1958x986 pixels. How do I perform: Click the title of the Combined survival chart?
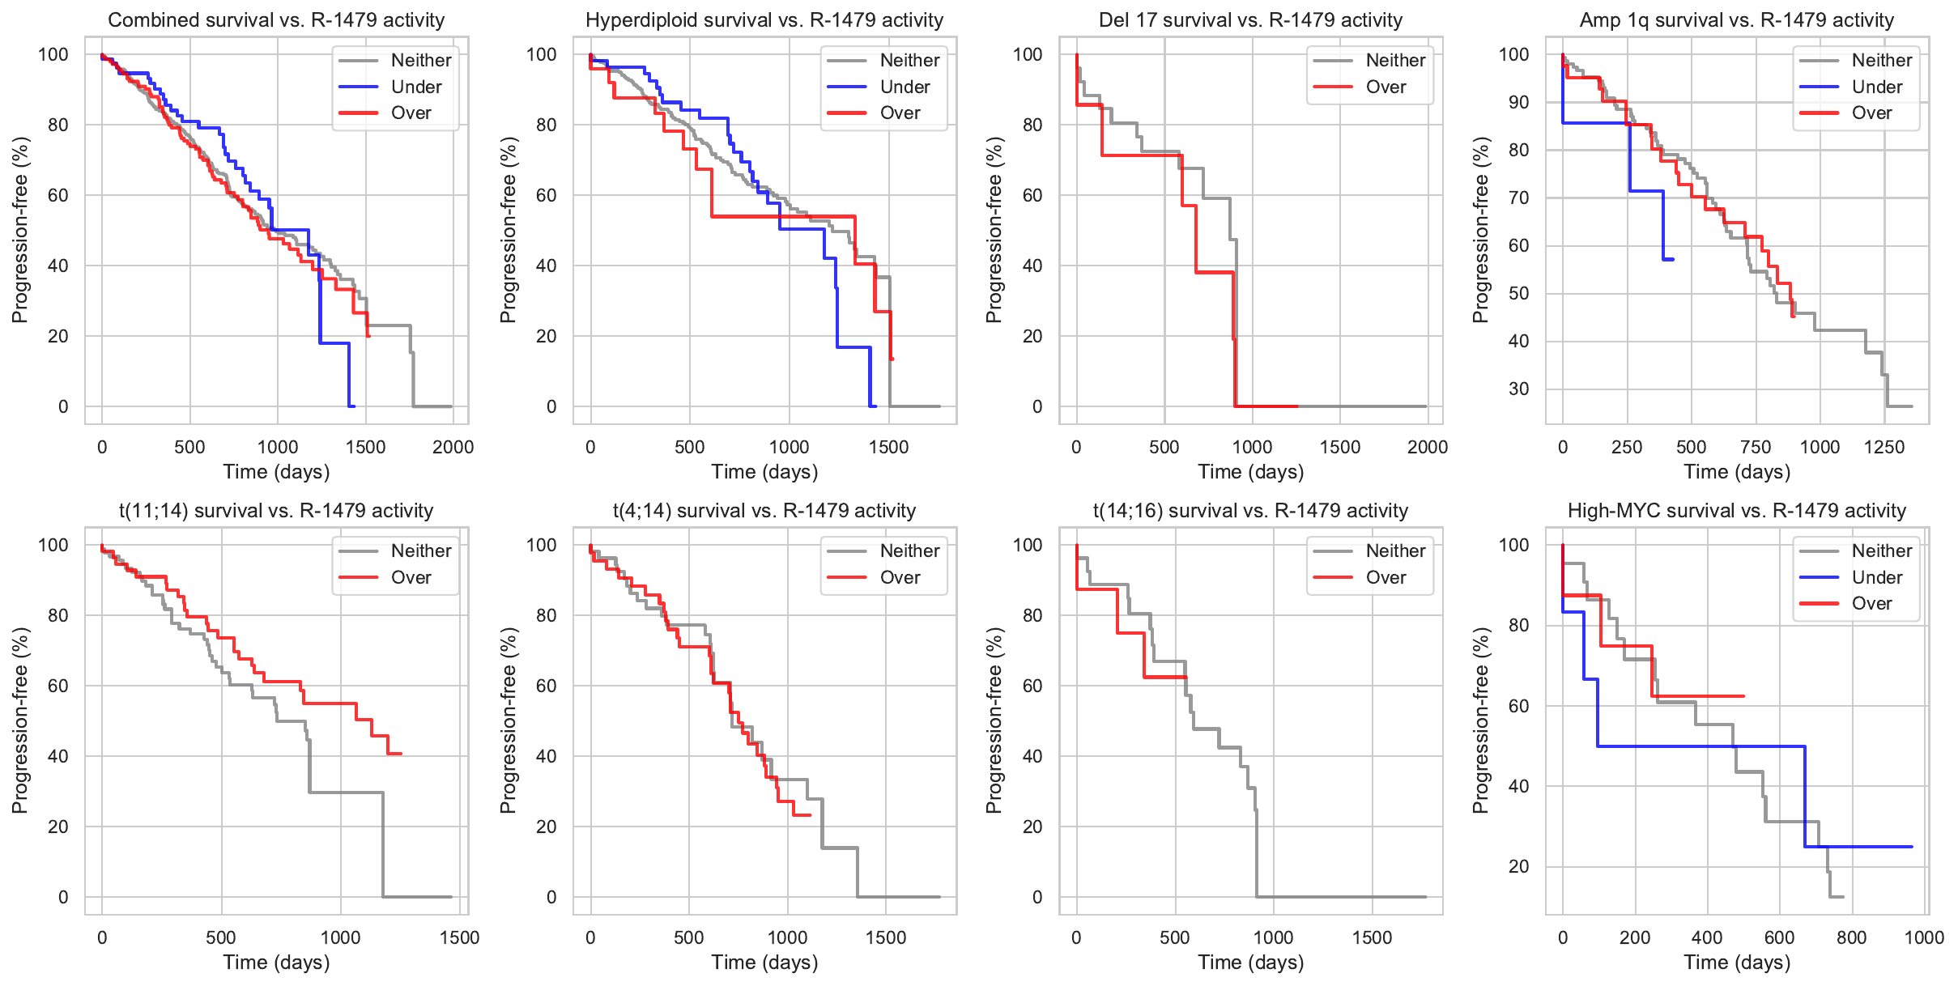coord(276,20)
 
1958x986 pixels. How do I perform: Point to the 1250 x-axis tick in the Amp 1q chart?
coord(1884,447)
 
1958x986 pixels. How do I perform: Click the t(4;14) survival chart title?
coord(764,511)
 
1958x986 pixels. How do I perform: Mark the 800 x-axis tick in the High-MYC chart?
coord(1852,937)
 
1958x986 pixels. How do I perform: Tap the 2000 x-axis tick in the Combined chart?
coord(453,447)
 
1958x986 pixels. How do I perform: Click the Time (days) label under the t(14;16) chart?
coord(1250,963)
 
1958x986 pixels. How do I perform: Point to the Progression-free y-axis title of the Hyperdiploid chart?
coord(508,230)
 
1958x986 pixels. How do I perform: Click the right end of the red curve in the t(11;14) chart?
coord(401,754)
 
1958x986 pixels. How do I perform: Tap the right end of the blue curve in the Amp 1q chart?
coord(1673,259)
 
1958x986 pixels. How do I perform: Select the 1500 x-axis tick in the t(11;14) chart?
coord(459,937)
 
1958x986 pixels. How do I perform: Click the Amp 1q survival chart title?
coord(1736,20)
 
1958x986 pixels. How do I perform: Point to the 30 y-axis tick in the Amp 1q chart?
coord(1518,389)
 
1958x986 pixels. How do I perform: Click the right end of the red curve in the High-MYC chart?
coord(1743,696)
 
